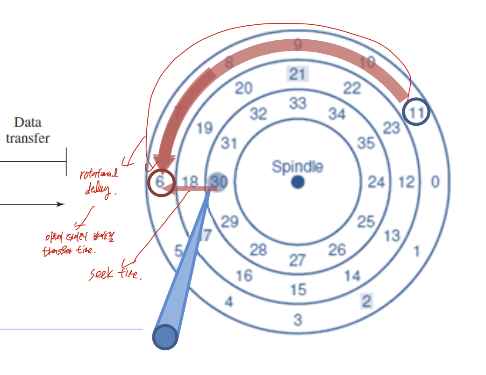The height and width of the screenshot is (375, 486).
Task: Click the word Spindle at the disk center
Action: (297, 166)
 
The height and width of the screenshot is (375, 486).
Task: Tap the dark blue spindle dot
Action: (297, 182)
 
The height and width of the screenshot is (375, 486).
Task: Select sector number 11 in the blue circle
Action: (415, 113)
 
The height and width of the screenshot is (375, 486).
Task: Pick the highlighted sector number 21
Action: (297, 74)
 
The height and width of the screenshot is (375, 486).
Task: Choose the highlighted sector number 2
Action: (366, 301)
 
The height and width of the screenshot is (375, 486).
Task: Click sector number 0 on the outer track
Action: (435, 182)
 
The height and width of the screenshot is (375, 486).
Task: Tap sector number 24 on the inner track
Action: (376, 182)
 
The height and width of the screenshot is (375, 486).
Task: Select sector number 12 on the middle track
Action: (406, 182)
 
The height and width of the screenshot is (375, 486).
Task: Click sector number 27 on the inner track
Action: (297, 260)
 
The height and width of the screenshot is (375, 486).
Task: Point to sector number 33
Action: (297, 103)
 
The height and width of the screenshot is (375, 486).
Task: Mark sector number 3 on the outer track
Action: (298, 320)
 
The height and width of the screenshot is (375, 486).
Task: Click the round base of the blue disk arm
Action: (165, 337)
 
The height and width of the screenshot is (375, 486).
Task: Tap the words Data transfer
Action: (28, 130)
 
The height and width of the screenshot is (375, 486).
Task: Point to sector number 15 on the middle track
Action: (298, 290)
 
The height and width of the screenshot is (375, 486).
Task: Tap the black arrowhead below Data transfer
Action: (60, 204)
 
